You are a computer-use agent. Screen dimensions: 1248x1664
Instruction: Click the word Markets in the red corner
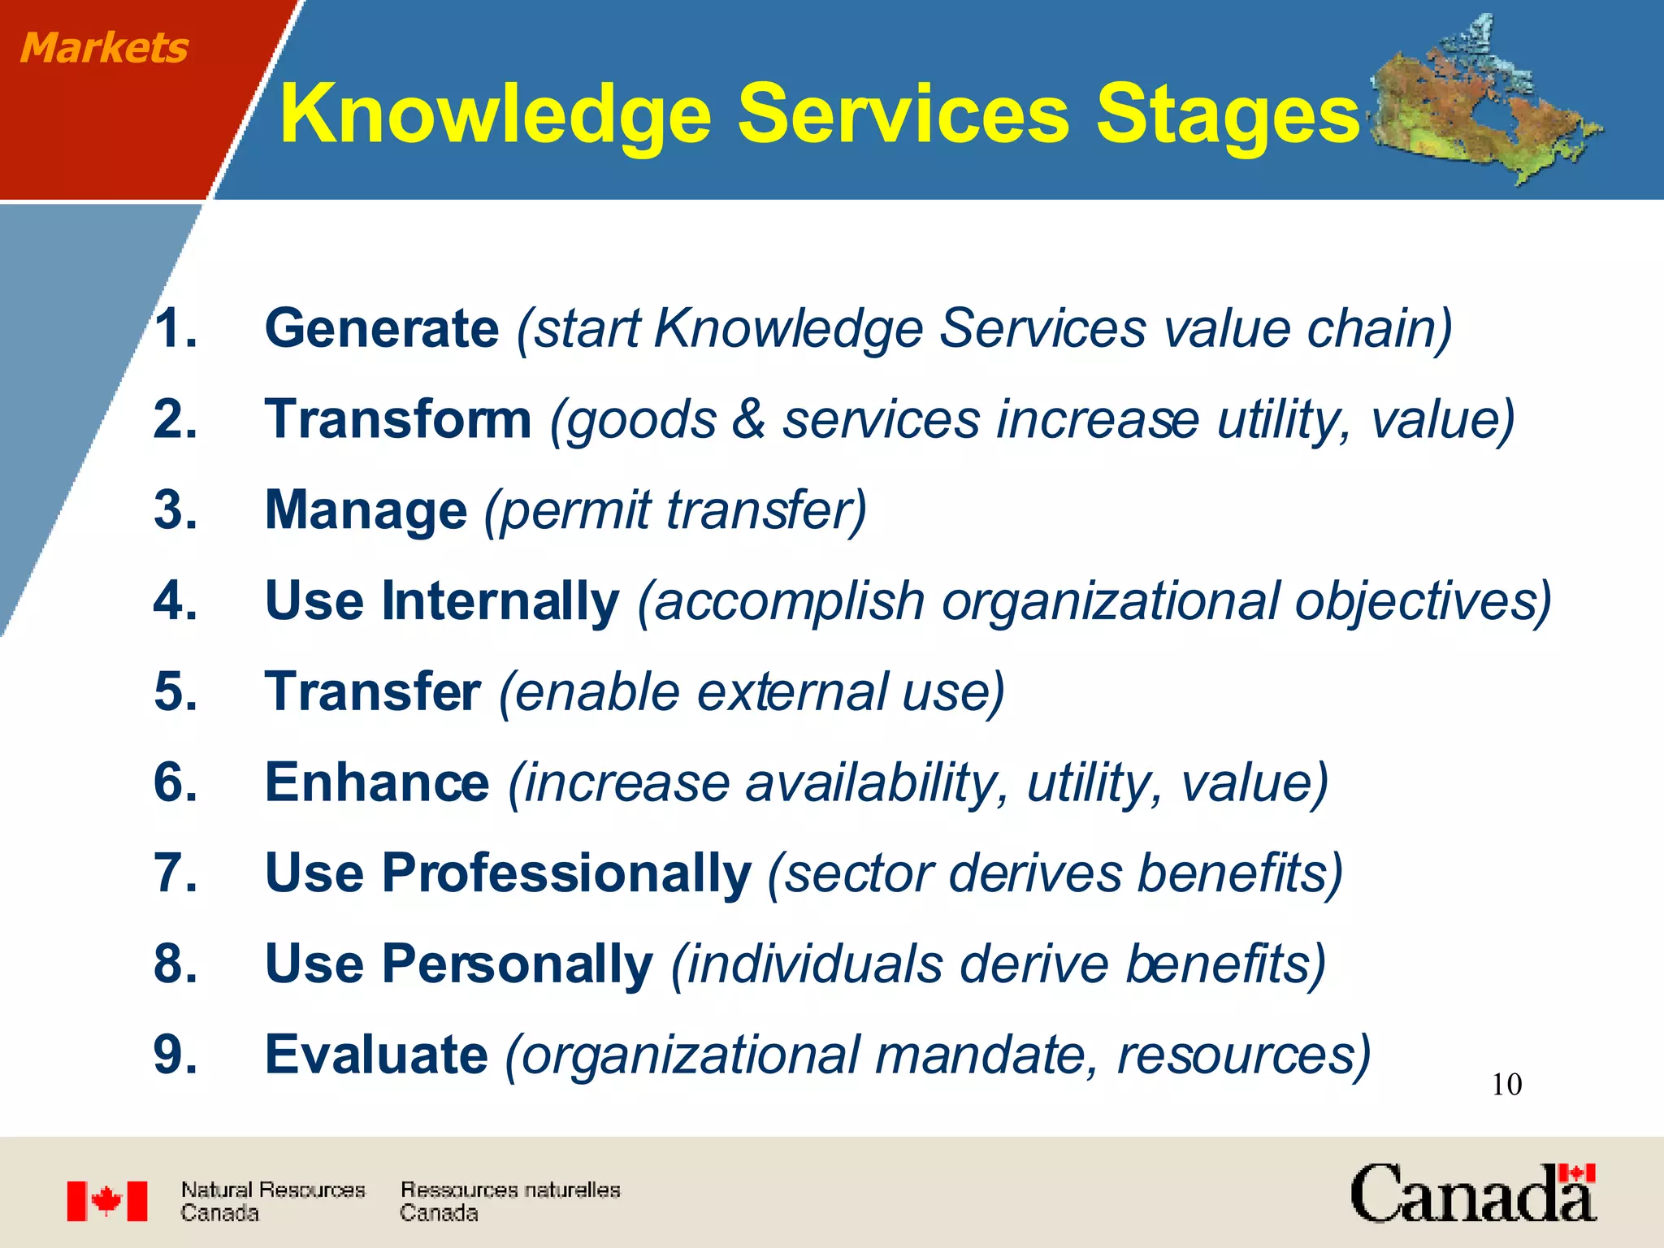click(104, 47)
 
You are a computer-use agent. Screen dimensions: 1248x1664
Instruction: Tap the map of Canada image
click(1483, 102)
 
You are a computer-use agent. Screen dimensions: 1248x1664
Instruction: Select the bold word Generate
click(382, 329)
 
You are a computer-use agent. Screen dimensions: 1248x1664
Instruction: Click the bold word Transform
click(398, 420)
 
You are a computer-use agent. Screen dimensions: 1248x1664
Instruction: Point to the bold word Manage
click(366, 511)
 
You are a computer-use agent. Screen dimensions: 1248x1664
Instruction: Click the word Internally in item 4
click(500, 601)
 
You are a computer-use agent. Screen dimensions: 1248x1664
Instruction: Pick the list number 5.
click(174, 692)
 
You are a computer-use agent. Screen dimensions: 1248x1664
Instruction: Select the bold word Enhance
click(377, 782)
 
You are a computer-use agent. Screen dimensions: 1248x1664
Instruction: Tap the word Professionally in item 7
click(566, 873)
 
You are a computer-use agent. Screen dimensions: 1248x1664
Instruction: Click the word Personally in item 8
click(517, 964)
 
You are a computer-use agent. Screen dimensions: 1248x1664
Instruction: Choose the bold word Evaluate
click(376, 1055)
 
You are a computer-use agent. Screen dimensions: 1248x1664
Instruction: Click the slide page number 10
click(1506, 1085)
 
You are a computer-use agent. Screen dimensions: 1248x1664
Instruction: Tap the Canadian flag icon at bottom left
click(107, 1201)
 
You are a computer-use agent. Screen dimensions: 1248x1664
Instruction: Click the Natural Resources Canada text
click(272, 1201)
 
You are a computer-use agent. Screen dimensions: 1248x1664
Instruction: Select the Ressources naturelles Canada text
click(509, 1201)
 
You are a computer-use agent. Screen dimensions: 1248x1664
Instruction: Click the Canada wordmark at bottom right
click(1472, 1194)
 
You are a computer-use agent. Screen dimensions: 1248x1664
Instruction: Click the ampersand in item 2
click(748, 420)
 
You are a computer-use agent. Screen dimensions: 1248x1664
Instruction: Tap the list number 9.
click(174, 1055)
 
